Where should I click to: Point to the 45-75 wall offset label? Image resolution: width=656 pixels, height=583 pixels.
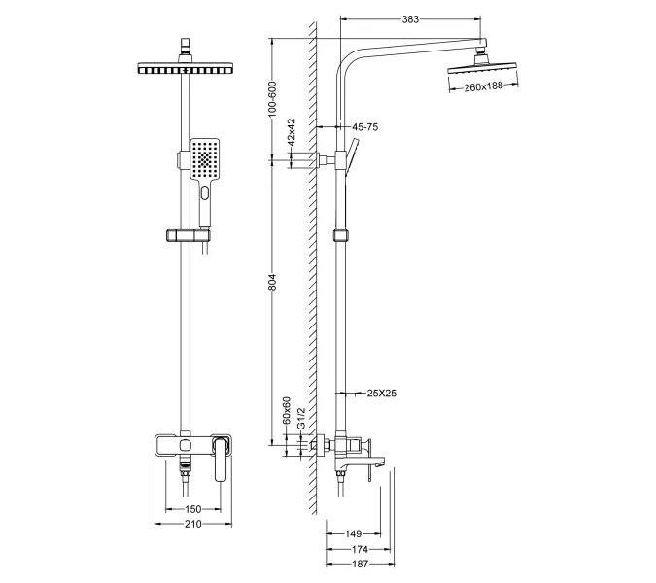pos(365,126)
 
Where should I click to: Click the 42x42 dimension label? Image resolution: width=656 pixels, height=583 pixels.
pos(291,145)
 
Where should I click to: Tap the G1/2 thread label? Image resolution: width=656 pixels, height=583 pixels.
pos(301,418)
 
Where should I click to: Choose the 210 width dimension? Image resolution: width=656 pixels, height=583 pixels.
pos(192,525)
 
